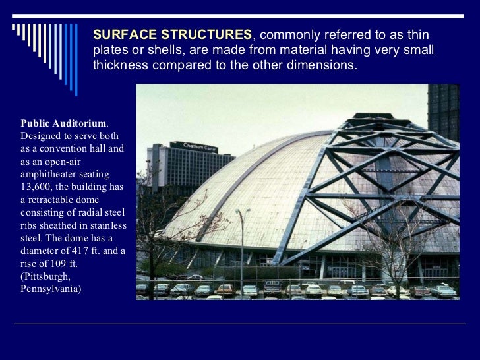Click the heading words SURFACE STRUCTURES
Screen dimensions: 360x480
point(172,34)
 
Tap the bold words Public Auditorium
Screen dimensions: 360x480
point(63,123)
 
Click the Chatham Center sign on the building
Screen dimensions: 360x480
point(194,146)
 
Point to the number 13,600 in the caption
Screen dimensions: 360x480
point(38,187)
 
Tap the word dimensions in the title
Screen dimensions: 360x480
point(322,66)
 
